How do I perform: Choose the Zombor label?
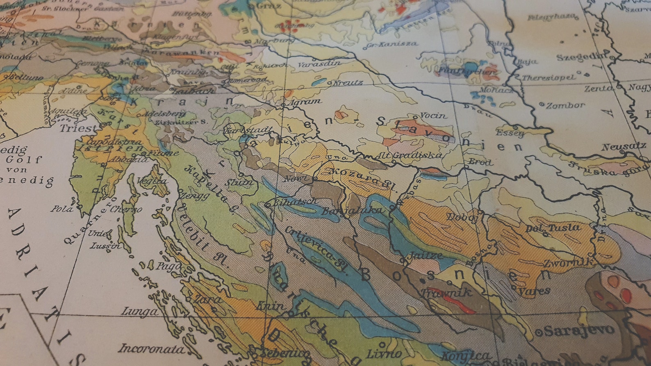[565, 105]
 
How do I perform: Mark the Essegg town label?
[510, 133]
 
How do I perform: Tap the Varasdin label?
[319, 64]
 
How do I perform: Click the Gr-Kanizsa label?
[392, 44]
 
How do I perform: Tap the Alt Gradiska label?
[408, 155]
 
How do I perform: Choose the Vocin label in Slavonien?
[433, 116]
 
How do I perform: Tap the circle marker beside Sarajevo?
[539, 333]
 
